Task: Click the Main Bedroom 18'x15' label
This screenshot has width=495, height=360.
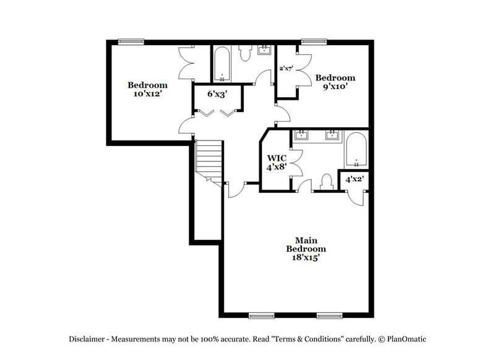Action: [x=303, y=249]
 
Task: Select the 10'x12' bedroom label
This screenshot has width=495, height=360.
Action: [x=148, y=90]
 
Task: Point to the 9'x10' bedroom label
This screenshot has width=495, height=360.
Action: [x=335, y=82]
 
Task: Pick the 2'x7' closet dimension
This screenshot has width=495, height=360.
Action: [x=286, y=69]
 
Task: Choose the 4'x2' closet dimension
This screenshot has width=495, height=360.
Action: [x=354, y=179]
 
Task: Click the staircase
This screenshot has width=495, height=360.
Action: [x=209, y=159]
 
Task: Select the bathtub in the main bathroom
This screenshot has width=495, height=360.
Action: [x=356, y=150]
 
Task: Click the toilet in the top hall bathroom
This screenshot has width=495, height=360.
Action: [x=245, y=54]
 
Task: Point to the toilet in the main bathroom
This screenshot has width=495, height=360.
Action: [x=326, y=182]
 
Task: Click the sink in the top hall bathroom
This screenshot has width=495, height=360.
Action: [x=264, y=50]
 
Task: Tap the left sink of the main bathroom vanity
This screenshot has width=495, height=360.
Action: [x=302, y=135]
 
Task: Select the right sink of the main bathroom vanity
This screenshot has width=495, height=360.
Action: [x=332, y=135]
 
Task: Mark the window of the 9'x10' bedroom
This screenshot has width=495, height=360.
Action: [x=310, y=42]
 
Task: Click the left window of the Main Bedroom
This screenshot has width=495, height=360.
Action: [x=261, y=315]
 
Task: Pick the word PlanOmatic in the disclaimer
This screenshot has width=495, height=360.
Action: [x=407, y=339]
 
